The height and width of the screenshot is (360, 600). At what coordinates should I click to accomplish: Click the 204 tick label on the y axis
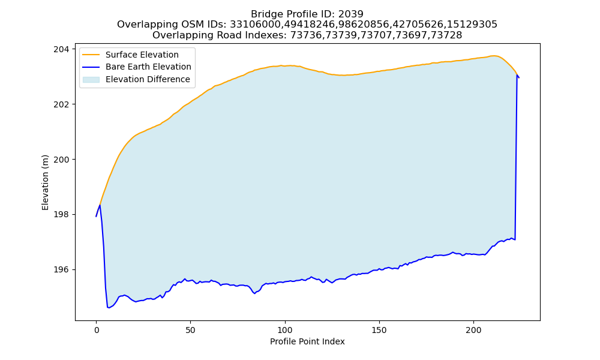(61, 49)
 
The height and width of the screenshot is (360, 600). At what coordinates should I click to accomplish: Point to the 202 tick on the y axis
(61, 104)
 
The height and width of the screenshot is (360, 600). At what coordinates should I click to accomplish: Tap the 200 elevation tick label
(61, 160)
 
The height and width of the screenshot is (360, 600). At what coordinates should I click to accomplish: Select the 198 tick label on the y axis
(61, 215)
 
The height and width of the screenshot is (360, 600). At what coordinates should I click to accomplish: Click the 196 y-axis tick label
(61, 270)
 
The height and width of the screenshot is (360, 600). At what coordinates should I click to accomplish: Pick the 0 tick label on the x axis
(96, 330)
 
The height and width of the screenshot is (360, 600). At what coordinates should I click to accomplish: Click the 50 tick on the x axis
(191, 330)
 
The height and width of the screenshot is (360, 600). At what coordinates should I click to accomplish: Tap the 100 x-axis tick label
(284, 330)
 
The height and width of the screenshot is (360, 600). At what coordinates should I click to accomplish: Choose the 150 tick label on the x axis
(379, 330)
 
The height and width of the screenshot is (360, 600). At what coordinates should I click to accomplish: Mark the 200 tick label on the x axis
(474, 330)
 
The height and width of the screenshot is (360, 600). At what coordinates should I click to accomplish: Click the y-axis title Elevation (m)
(45, 182)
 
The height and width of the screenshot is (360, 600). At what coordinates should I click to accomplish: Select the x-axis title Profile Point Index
(307, 341)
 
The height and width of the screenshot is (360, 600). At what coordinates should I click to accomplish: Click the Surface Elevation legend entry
(142, 55)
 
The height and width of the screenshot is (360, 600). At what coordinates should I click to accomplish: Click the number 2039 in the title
(351, 14)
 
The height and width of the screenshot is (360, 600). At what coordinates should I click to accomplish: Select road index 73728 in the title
(446, 35)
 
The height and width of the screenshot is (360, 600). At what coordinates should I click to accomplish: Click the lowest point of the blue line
(108, 308)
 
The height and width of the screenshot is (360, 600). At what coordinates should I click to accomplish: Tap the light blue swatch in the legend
(91, 80)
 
